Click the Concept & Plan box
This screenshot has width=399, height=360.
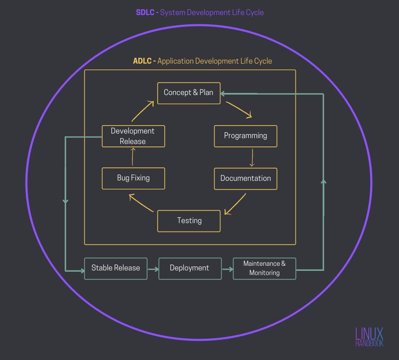[x=189, y=93]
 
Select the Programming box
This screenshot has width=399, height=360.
[x=246, y=136]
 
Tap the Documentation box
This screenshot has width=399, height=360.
[x=246, y=179]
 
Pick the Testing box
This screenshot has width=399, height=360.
[x=189, y=221]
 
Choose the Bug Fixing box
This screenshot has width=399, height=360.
[x=133, y=178]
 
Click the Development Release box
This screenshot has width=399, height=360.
[x=133, y=136]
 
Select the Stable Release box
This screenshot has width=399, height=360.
[x=116, y=269]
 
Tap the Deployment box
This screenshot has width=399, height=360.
[x=190, y=269]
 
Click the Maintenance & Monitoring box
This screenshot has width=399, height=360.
[x=264, y=269]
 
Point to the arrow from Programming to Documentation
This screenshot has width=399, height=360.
[x=252, y=158]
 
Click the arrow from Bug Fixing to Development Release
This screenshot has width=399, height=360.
[x=132, y=157]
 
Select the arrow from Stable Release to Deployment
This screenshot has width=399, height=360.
[x=153, y=269]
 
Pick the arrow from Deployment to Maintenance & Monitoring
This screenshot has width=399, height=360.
[x=228, y=269]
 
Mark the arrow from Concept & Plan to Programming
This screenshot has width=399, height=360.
[x=239, y=110]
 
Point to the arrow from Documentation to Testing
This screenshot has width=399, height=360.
[x=236, y=204]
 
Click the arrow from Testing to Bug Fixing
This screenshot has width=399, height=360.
[x=141, y=203]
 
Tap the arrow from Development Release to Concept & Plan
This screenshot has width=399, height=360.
[x=143, y=111]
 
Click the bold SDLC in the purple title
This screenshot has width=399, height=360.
[x=145, y=12]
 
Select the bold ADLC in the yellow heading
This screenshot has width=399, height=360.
[x=142, y=61]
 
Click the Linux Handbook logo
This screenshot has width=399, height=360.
[x=369, y=337]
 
